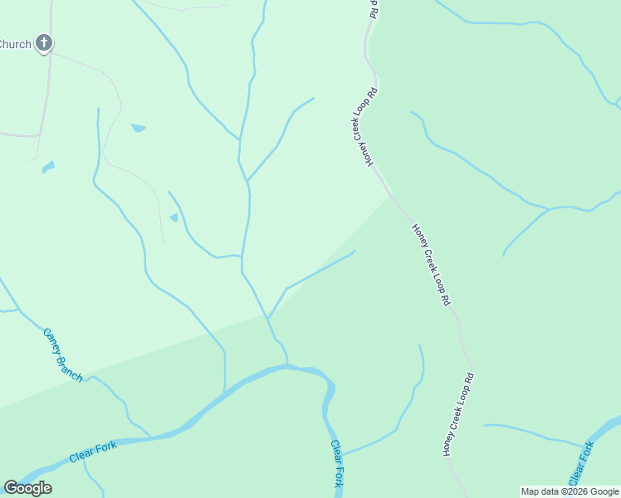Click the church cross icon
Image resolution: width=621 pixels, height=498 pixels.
(44, 42)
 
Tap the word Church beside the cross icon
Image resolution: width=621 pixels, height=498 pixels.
(15, 44)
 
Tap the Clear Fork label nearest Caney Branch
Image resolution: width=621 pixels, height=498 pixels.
(93, 452)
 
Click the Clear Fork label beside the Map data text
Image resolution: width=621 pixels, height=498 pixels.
(581, 464)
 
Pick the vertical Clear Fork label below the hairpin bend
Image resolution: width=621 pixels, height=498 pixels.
(336, 462)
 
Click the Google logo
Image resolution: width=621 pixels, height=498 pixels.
(27, 487)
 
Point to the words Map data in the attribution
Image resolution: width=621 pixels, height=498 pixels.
(540, 491)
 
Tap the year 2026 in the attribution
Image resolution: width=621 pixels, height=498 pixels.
(577, 491)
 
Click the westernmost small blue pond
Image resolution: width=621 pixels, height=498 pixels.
(47, 167)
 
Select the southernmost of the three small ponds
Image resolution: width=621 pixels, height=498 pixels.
(174, 217)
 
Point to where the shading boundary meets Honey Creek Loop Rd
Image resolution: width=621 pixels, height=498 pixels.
(390, 196)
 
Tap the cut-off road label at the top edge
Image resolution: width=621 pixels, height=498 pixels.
(374, 8)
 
